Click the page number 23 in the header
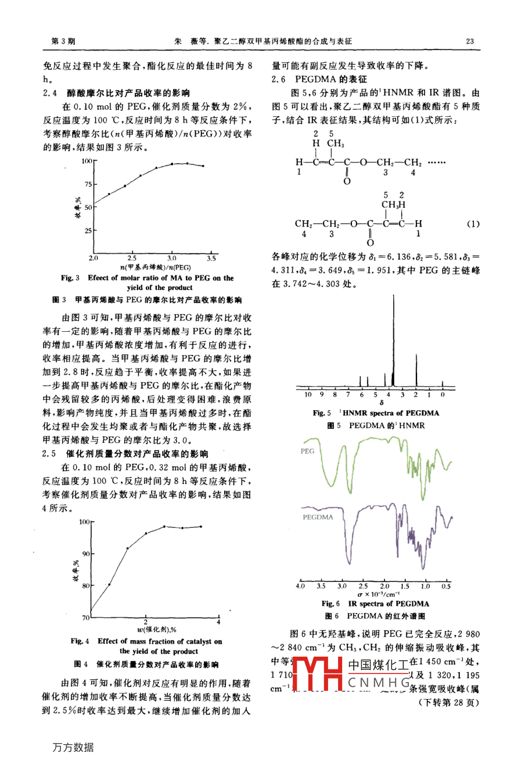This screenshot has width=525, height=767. click(x=470, y=41)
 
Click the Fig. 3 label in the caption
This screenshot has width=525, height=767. click(x=70, y=278)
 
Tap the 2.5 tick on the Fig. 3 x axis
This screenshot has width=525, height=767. click(x=132, y=258)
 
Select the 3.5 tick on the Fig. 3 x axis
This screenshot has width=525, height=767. click(x=211, y=258)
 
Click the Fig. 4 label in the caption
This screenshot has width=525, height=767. click(x=80, y=641)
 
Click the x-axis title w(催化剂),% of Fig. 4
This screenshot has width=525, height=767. click(x=157, y=629)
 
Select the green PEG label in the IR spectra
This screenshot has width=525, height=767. click(x=307, y=451)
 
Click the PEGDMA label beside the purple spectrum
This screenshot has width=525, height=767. click(x=318, y=517)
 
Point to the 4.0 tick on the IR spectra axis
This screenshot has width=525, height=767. click(x=300, y=586)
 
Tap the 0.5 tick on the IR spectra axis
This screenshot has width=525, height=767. click(x=445, y=586)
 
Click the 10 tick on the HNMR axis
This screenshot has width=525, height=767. click(x=308, y=395)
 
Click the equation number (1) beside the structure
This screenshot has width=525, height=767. click(x=473, y=224)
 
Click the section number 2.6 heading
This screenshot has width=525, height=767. click(x=279, y=79)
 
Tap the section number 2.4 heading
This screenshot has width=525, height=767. click(x=50, y=92)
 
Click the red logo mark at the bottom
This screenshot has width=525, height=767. click(x=317, y=674)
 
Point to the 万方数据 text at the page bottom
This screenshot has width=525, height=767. click(x=73, y=747)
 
